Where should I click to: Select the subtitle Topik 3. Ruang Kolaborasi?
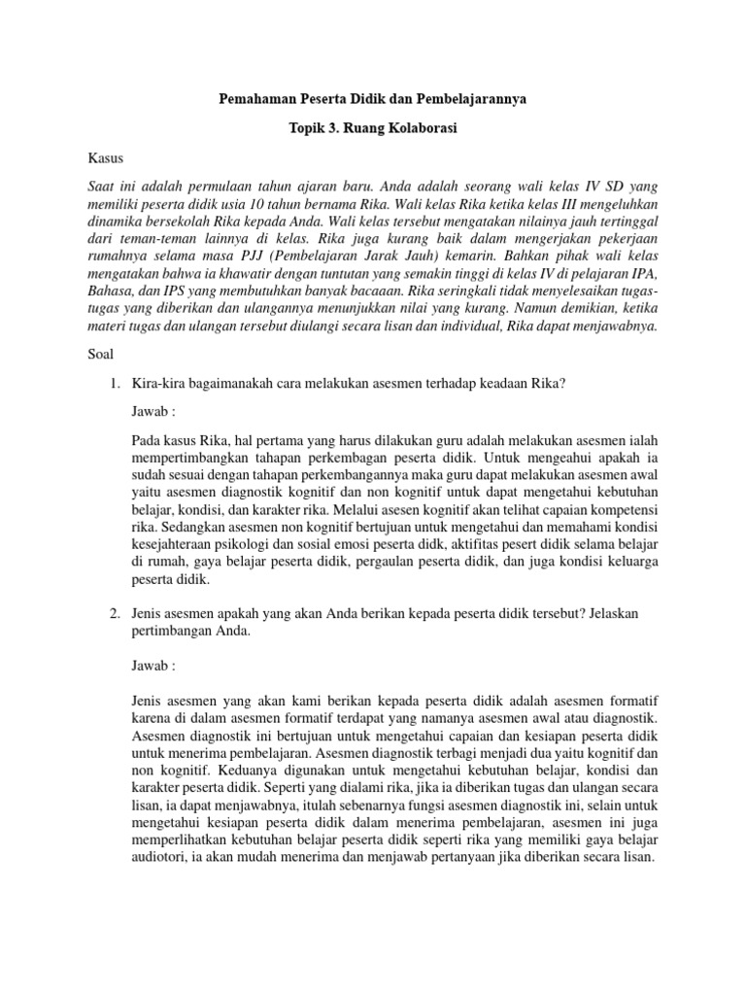click(x=373, y=128)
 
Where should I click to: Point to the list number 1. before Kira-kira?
click(x=114, y=384)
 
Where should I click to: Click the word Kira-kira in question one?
click(x=160, y=384)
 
